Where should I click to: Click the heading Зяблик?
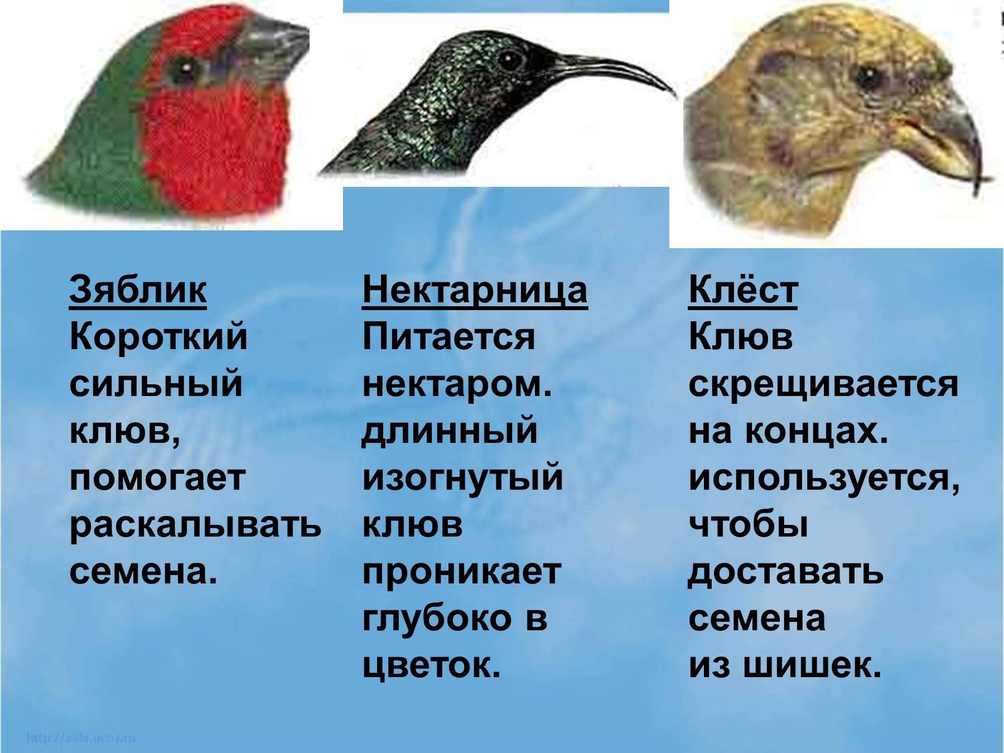[138, 290]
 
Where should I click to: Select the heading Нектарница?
[475, 291]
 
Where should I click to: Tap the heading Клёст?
[743, 290]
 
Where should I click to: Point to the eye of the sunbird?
[511, 59]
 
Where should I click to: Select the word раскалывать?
[195, 526]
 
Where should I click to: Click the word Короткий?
[158, 337]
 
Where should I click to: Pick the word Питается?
[448, 337]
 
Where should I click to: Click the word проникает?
[461, 572]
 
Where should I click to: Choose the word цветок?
[431, 666]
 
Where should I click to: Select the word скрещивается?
[823, 385]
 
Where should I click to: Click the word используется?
[824, 479]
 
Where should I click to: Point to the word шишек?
[831, 665]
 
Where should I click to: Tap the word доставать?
[786, 572]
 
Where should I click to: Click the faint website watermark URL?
[81, 738]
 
